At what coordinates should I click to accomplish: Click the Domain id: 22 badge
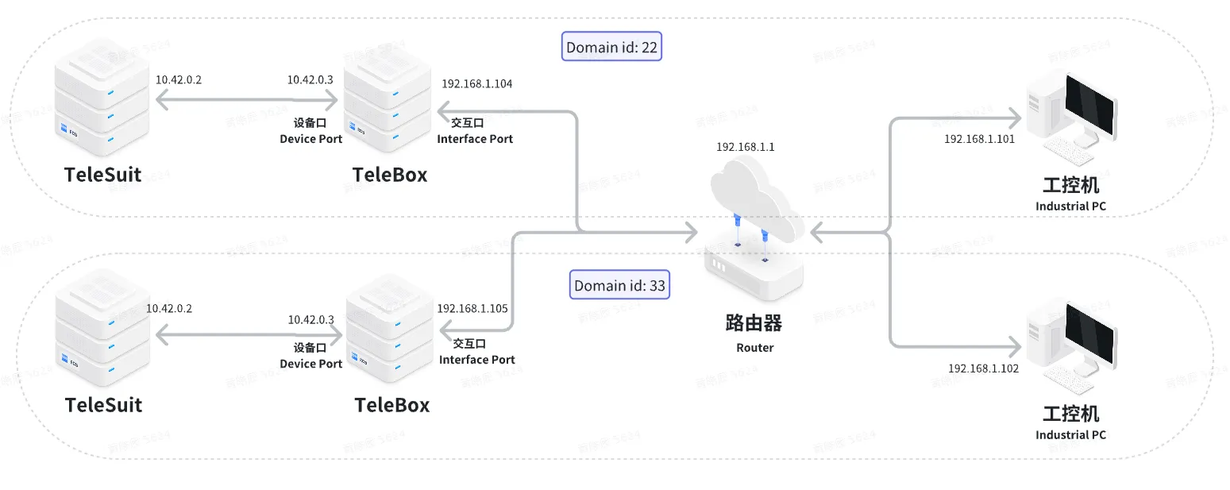click(611, 48)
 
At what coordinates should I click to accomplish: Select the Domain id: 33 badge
click(619, 285)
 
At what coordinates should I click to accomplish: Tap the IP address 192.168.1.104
click(476, 83)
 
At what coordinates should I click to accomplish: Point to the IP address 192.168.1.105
click(472, 308)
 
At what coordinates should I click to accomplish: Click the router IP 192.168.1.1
click(745, 147)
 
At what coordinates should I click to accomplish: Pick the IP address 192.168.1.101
click(979, 138)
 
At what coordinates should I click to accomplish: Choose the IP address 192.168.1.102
click(983, 368)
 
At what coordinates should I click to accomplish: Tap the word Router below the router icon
click(754, 347)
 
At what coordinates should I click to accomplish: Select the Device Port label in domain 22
click(310, 139)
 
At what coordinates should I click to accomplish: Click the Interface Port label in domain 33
click(476, 360)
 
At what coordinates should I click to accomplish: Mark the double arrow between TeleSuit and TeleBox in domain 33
click(248, 337)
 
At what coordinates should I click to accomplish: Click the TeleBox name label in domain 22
click(389, 175)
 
